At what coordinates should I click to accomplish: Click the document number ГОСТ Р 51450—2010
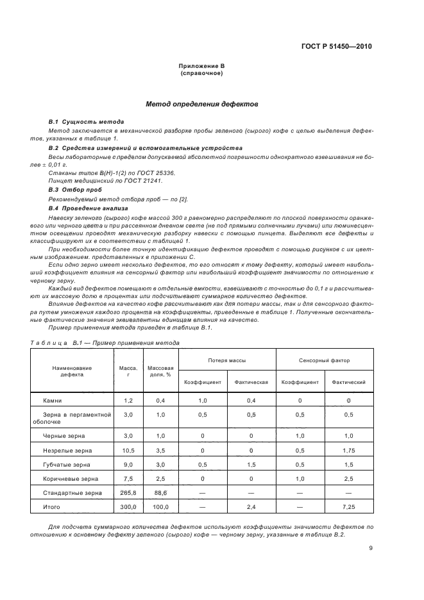tap(336, 46)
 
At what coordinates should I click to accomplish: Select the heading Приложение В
tap(201, 66)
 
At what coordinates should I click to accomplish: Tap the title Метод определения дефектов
tap(201, 103)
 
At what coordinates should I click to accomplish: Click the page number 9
tap(371, 547)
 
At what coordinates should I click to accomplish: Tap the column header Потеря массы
tap(226, 360)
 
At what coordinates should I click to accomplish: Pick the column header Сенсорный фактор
tap(324, 360)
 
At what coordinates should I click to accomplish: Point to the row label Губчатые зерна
tap(67, 464)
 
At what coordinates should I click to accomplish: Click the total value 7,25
tap(348, 506)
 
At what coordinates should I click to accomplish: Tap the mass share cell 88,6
tap(160, 492)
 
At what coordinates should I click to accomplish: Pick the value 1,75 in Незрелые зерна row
tap(348, 450)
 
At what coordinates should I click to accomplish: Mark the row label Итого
tap(52, 506)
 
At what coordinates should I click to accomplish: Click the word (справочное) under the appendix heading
tap(201, 73)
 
